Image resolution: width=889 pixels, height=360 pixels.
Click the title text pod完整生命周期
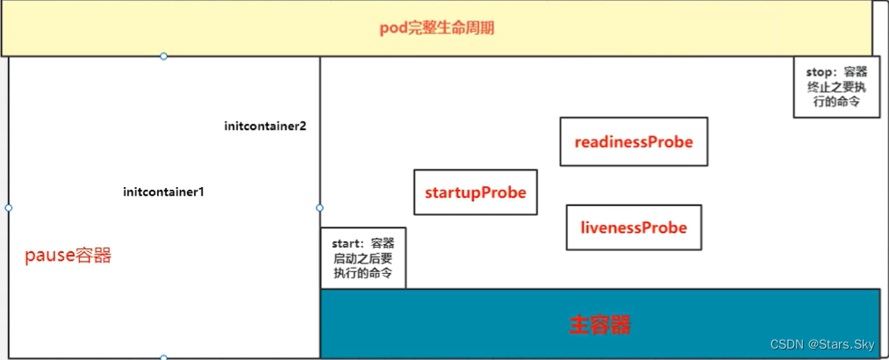(x=437, y=28)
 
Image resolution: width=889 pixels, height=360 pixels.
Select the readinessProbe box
(x=634, y=141)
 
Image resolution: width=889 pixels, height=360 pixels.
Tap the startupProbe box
(x=476, y=192)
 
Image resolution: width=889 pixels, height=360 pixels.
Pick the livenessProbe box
(x=634, y=227)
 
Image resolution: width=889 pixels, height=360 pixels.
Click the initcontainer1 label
(x=163, y=191)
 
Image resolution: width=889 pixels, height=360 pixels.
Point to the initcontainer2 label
(x=265, y=126)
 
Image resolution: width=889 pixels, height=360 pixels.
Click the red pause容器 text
(x=68, y=256)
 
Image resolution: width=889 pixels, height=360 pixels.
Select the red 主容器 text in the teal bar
(x=599, y=325)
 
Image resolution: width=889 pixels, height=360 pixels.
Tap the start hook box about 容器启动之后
(x=363, y=258)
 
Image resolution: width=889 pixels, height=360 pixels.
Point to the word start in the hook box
(x=347, y=242)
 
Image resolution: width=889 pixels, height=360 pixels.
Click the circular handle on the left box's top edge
(x=163, y=56)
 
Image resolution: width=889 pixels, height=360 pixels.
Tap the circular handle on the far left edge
(x=8, y=208)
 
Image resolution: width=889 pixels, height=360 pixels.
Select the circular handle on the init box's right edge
(x=319, y=208)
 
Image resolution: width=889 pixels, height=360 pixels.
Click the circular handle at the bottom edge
(x=163, y=357)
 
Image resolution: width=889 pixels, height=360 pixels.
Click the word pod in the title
(x=390, y=28)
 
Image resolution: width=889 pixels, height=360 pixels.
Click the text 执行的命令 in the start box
(x=362, y=273)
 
